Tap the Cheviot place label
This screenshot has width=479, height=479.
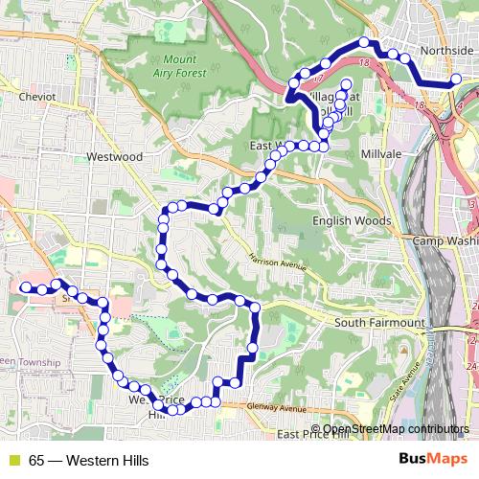pos(37,97)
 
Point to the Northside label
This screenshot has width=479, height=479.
pos(447,51)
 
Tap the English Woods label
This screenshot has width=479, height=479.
pos(353,220)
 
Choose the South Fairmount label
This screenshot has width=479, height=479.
pos(378,323)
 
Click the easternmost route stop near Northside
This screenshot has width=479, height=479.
pos(456,80)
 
